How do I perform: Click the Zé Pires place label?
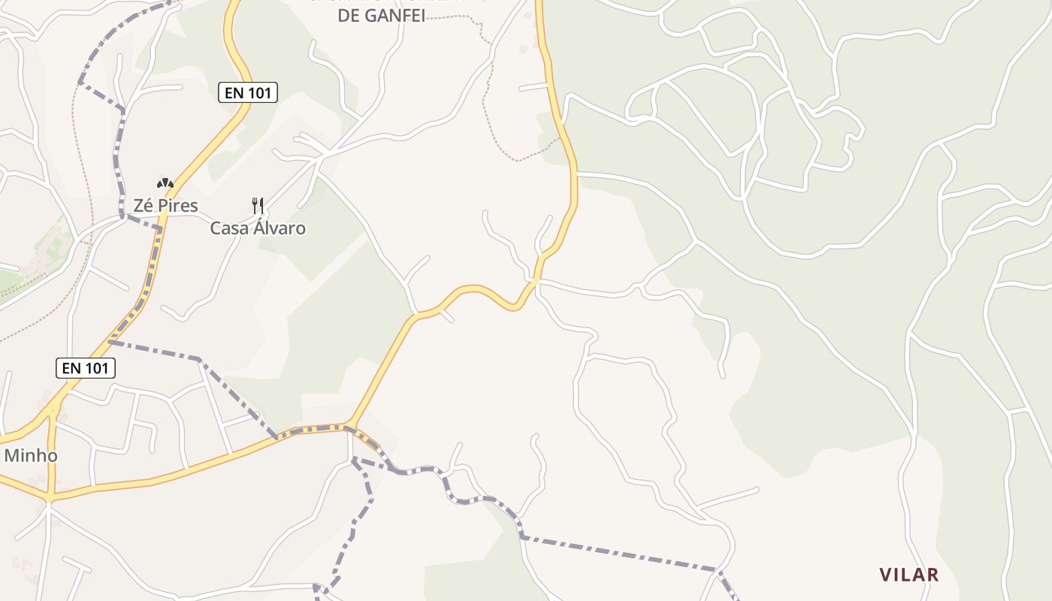[165, 205]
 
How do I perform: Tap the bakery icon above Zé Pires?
[165, 183]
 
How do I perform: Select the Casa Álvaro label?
[258, 228]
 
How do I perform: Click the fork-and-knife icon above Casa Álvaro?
[258, 205]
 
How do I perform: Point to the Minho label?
[31, 455]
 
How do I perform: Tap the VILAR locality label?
[909, 575]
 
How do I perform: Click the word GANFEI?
[395, 15]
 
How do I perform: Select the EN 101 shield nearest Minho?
[86, 368]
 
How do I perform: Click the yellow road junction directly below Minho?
[50, 497]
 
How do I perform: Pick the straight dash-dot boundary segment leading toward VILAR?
[616, 554]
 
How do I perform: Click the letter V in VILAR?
[886, 575]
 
